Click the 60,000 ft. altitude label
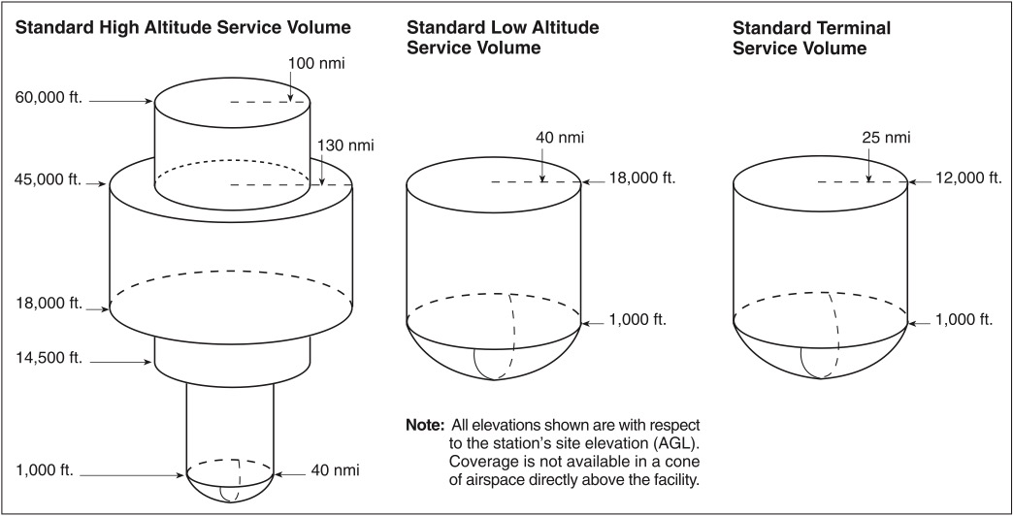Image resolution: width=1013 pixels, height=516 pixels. [x=49, y=99]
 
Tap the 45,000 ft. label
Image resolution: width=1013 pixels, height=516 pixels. [x=49, y=180]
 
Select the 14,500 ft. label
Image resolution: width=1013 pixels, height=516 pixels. [x=49, y=358]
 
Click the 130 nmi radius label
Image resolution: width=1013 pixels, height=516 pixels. [x=345, y=145]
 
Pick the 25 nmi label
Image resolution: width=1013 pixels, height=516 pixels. [x=887, y=138]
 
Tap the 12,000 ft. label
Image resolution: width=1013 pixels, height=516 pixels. [x=969, y=178]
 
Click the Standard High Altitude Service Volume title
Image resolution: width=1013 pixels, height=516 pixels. [x=182, y=27]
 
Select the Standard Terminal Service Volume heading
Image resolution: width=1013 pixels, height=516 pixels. [x=811, y=38]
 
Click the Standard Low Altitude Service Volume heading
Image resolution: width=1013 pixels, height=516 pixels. [x=503, y=38]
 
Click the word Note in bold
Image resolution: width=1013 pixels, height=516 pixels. [x=425, y=426]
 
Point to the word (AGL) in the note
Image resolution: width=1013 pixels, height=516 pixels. [x=677, y=444]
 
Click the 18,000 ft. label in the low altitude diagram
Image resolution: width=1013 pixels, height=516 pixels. [x=642, y=178]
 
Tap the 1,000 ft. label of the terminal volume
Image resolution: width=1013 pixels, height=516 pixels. [x=963, y=319]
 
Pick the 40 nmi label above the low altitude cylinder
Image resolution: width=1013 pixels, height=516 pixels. [x=560, y=138]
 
